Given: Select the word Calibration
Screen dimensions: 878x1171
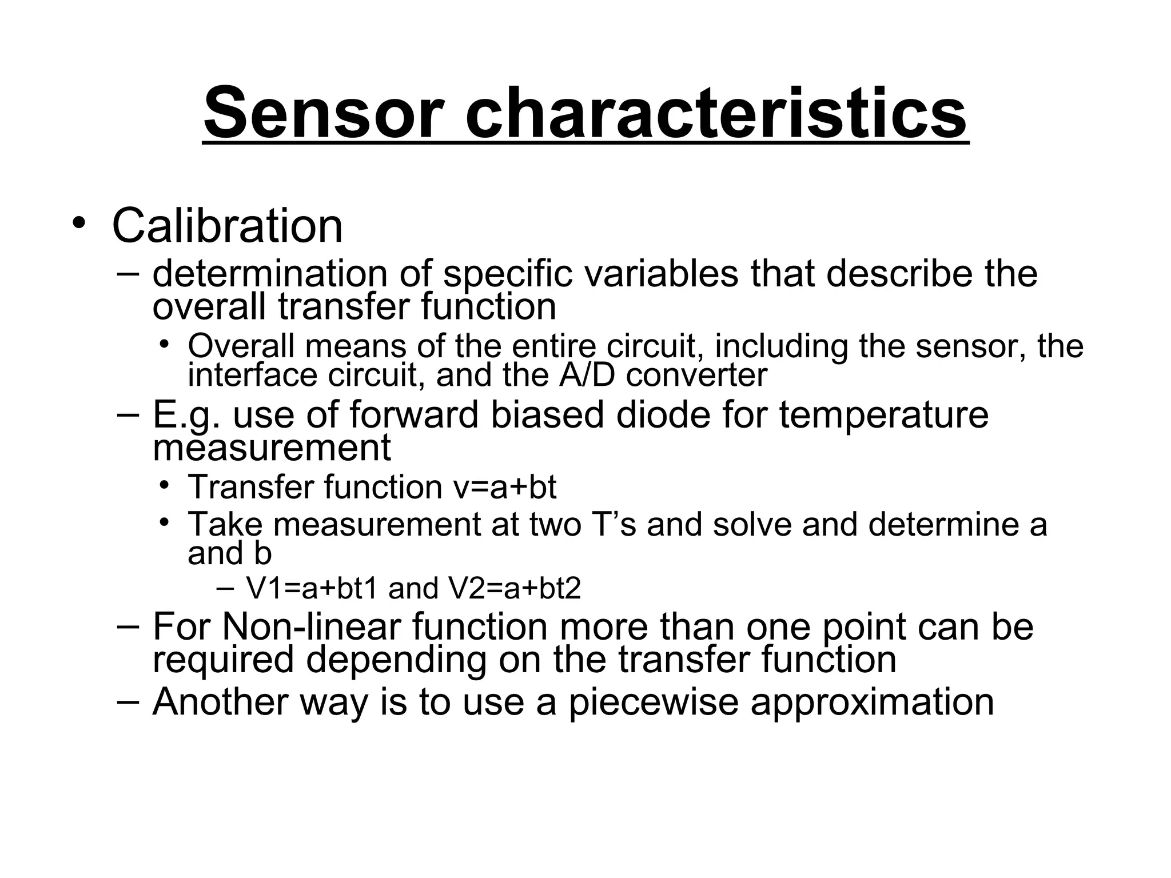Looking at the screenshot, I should point(227,226).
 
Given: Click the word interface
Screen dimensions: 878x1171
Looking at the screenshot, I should point(252,376).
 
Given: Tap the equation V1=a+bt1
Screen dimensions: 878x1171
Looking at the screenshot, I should point(312,589).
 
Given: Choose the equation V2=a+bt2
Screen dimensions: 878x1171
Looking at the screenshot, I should point(515,589).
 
